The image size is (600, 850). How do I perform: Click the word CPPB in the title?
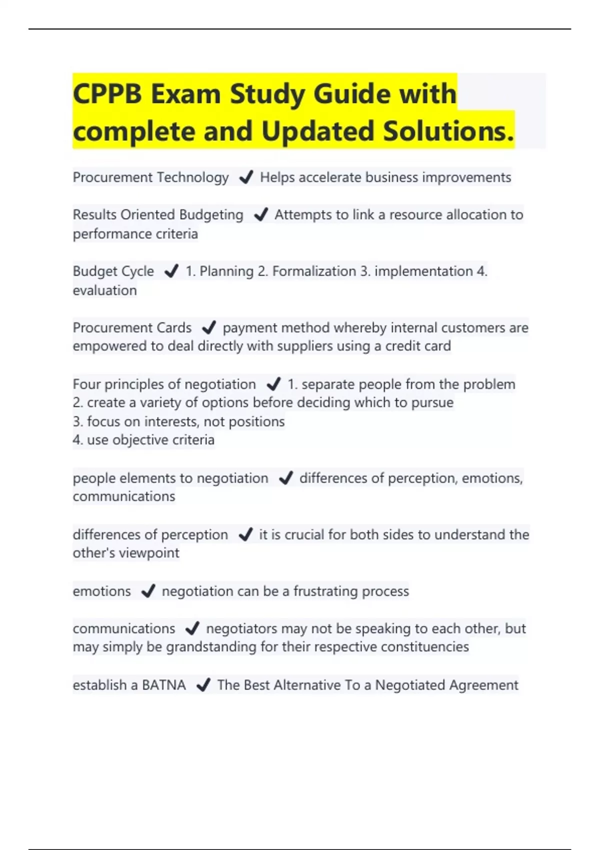[x=107, y=93]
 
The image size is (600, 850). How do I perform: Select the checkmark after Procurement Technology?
[x=246, y=177]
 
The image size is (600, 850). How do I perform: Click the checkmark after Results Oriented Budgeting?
[x=260, y=214]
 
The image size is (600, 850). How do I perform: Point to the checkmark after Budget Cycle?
[x=171, y=271]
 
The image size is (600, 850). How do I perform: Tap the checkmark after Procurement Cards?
[x=208, y=327]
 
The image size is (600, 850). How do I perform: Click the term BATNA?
[x=163, y=684]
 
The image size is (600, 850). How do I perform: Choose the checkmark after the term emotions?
[x=148, y=591]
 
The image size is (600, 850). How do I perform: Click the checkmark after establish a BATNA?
[x=203, y=684]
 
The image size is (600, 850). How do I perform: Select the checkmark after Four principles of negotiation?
[x=273, y=384]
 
